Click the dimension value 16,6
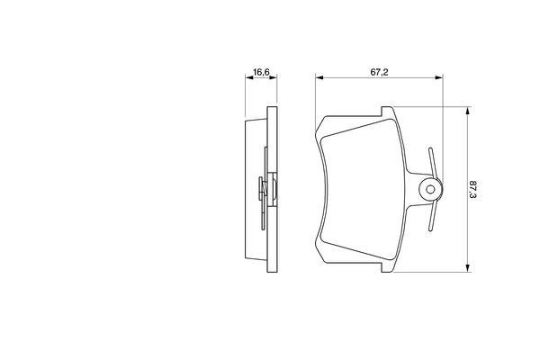pos(261,72)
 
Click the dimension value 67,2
pos(379,72)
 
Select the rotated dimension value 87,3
pos(472,190)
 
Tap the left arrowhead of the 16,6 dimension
pos(249,77)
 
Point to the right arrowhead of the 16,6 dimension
pos(273,77)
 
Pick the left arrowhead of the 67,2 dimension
pos(319,77)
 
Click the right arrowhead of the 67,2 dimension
pos(439,77)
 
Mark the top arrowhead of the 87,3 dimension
pos(467,111)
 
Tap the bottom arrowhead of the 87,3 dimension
pos(467,268)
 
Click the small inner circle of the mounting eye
pos(430,189)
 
